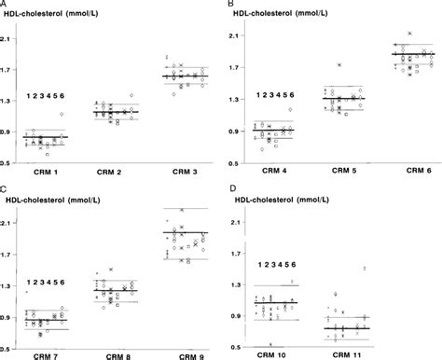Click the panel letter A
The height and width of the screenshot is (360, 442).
pyautogui.click(x=6, y=6)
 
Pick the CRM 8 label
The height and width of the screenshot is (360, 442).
pyautogui.click(x=114, y=354)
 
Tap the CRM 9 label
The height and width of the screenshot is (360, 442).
pyautogui.click(x=180, y=354)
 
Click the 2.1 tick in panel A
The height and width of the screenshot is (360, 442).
pyautogui.click(x=7, y=38)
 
